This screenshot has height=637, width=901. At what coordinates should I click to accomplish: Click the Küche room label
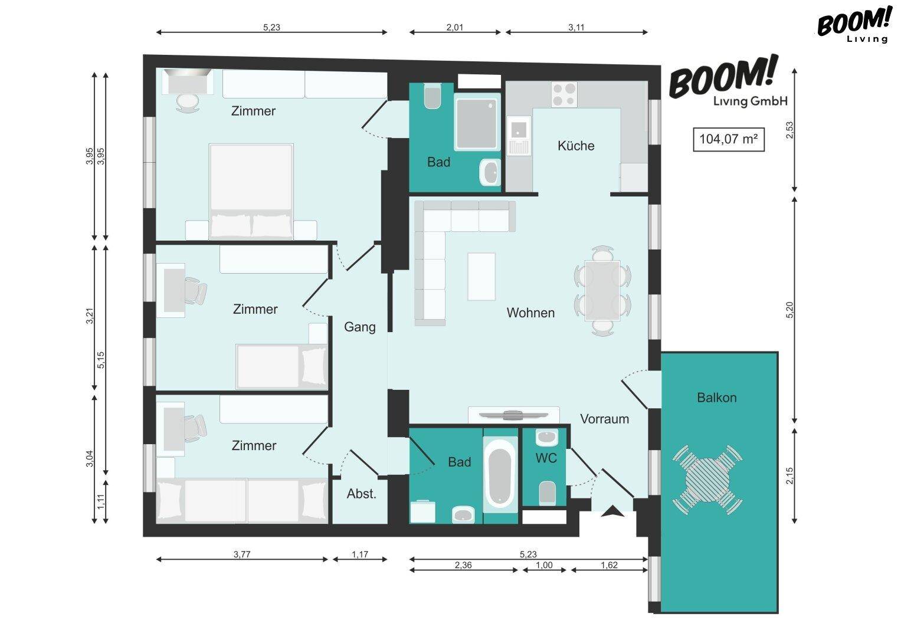(x=576, y=146)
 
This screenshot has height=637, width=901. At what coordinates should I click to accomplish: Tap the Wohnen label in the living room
(x=530, y=313)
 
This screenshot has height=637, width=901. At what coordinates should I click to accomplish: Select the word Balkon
(x=717, y=398)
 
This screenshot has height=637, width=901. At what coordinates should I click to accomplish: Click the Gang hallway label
(x=359, y=327)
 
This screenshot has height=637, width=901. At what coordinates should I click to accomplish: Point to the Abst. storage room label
(x=362, y=494)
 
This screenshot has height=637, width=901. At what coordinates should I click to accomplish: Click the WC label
(x=546, y=458)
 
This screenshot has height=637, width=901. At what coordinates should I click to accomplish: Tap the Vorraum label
(x=604, y=419)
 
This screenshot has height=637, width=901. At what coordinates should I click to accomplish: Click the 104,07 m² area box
(x=729, y=139)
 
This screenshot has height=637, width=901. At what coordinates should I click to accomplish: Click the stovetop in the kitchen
(x=564, y=94)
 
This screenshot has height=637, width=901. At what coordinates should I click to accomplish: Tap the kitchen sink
(x=519, y=136)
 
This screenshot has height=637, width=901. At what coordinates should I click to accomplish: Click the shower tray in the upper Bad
(x=477, y=122)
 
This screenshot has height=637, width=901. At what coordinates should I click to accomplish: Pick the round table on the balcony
(x=707, y=480)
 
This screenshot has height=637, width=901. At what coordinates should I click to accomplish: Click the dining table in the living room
(x=602, y=290)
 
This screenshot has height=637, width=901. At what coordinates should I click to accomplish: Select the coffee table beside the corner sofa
(x=481, y=276)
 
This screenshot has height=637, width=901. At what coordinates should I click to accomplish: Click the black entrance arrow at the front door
(x=612, y=511)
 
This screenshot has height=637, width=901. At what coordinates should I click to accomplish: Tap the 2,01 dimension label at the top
(x=454, y=27)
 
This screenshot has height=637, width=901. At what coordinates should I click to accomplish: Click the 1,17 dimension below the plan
(x=359, y=554)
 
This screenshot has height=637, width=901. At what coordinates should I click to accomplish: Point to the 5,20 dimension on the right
(x=789, y=310)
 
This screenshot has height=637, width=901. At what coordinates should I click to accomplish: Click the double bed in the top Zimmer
(x=251, y=192)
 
